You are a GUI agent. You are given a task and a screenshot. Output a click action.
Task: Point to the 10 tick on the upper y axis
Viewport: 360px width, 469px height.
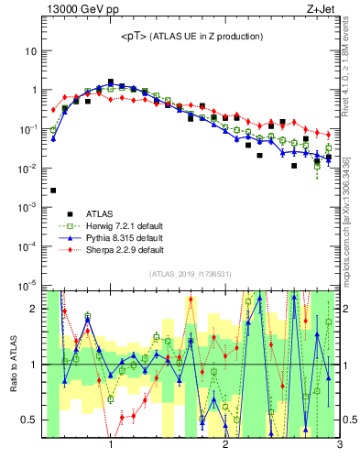[x=30, y=51]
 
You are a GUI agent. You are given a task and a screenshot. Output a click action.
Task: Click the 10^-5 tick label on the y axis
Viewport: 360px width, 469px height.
[x=27, y=285]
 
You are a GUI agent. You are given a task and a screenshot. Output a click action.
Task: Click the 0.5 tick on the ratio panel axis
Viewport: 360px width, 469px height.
[x=29, y=420]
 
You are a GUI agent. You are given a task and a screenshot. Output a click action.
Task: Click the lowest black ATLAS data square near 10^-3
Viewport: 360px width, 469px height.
[x=53, y=191]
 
